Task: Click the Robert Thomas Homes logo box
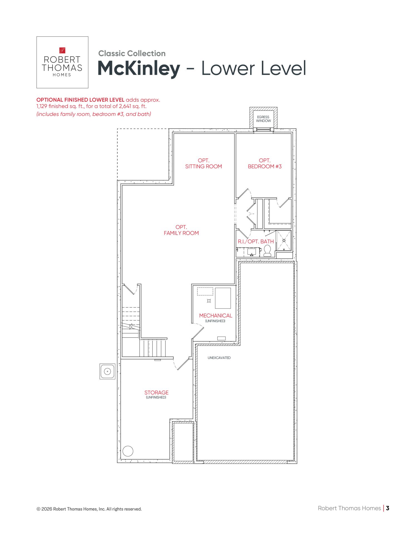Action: click(x=62, y=62)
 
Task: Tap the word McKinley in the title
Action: click(x=139, y=69)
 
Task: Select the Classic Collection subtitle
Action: click(x=132, y=53)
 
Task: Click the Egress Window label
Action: click(x=263, y=119)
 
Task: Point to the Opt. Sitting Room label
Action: click(x=203, y=164)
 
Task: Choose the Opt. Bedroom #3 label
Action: click(x=265, y=164)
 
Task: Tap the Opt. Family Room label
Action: click(x=181, y=230)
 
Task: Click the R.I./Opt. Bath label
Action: click(x=256, y=242)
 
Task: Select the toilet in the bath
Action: click(x=267, y=251)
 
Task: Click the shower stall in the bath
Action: click(x=284, y=240)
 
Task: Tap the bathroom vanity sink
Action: click(x=252, y=252)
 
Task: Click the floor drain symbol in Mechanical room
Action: click(x=209, y=301)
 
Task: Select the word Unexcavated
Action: click(x=219, y=358)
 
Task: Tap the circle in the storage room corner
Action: click(x=128, y=451)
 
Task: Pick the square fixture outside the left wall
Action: click(x=107, y=371)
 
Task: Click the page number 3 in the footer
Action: click(x=388, y=508)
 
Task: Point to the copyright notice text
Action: click(x=89, y=509)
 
